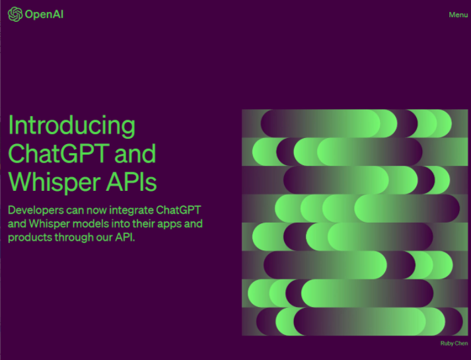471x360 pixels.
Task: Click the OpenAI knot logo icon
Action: point(15,14)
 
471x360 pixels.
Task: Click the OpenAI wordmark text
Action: point(44,15)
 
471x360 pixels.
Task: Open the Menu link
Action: point(458,15)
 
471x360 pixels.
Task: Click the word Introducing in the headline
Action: point(72,126)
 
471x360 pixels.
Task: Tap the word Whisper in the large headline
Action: point(54,182)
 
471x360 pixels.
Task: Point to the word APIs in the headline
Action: point(131,182)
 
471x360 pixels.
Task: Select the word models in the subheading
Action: point(91,224)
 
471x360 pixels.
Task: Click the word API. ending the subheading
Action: point(125,237)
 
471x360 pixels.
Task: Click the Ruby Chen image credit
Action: point(454,343)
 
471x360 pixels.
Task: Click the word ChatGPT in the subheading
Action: point(178,210)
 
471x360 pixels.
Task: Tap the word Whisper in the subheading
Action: point(50,224)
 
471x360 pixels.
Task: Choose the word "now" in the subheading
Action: point(96,211)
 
